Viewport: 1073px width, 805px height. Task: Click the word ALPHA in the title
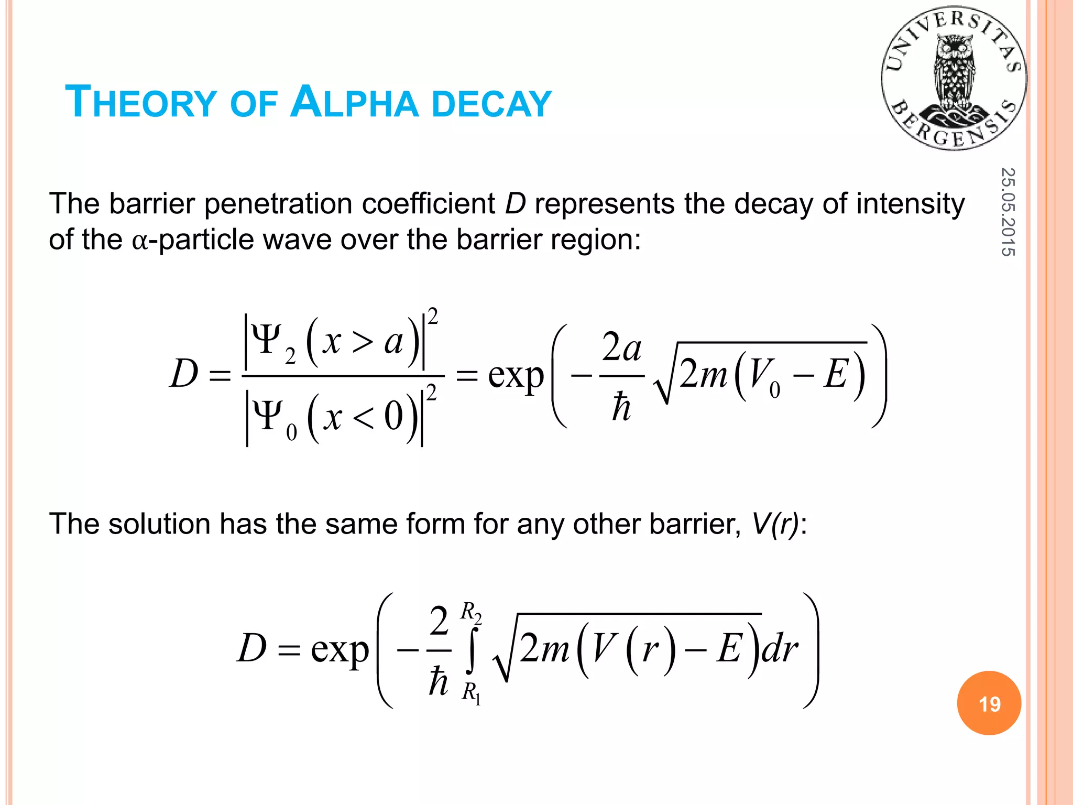pos(354,102)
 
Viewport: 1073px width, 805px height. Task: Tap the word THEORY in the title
pos(140,102)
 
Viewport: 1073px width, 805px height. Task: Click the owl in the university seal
pos(955,73)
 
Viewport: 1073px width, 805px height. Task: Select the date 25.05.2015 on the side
pos(1008,212)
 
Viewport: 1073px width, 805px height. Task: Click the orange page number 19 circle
pos(989,703)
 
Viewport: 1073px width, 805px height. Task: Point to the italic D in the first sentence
pos(515,204)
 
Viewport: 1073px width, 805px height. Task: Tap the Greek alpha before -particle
pos(140,242)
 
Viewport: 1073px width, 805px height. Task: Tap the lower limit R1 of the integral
pos(471,693)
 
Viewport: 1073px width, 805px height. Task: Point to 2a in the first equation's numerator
pos(621,347)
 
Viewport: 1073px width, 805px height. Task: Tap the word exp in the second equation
pos(340,650)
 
